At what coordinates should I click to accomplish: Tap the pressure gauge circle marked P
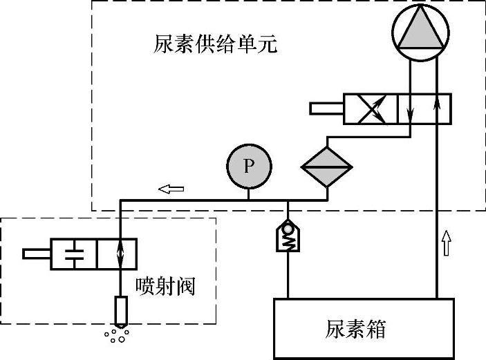(249, 167)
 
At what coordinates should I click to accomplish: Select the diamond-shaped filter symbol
(327, 167)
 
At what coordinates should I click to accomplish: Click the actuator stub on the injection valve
(36, 254)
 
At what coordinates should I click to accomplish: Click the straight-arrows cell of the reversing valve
(424, 109)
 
